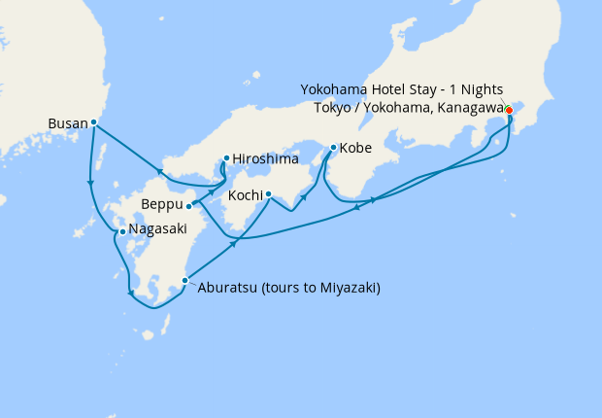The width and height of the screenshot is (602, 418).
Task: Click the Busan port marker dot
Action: tap(93, 122)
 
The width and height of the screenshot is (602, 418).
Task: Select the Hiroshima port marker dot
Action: tap(226, 157)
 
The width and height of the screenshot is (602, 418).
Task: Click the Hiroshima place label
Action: tap(264, 158)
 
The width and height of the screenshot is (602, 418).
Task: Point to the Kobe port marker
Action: tap(333, 148)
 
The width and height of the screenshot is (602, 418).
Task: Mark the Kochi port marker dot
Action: tap(268, 193)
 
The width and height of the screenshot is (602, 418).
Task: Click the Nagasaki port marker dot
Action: tap(121, 231)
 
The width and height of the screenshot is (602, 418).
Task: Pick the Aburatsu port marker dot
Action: tap(184, 281)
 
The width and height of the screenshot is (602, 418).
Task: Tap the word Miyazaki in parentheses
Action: tap(344, 288)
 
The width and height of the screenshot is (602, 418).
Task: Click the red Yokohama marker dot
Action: tap(509, 109)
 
